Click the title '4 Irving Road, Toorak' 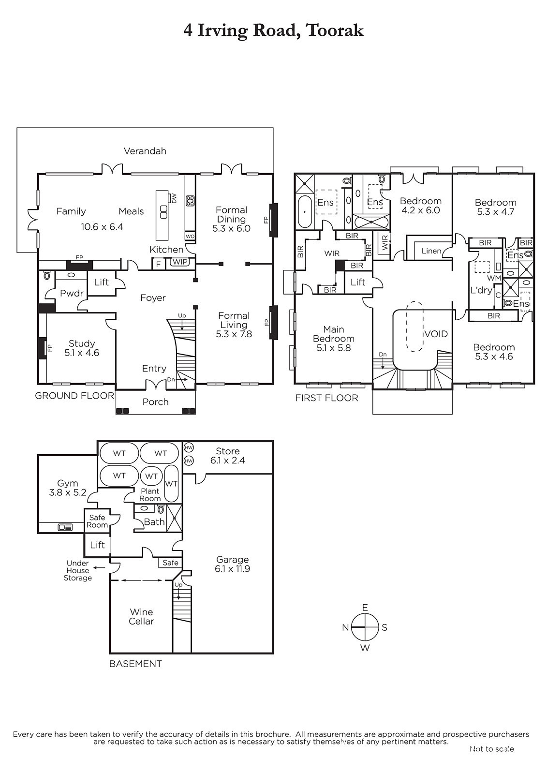point(273,31)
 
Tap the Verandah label point(145,151)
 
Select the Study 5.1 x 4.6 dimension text point(82,353)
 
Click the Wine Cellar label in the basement point(141,617)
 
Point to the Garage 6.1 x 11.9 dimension point(232,569)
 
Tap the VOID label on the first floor point(436,334)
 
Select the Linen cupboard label point(431,251)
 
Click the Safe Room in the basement point(97,521)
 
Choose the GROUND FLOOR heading point(74,396)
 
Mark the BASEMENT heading point(135,664)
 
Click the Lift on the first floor point(358,283)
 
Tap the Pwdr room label point(72,293)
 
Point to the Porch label point(156,402)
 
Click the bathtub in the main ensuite point(304,212)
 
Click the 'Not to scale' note point(492,749)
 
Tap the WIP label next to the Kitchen point(180,262)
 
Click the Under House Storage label point(78,570)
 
